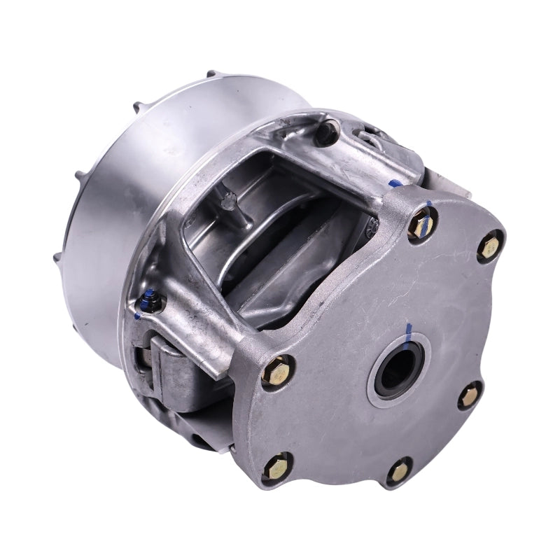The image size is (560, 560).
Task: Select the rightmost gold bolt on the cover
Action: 490,246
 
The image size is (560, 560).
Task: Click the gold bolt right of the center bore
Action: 469,396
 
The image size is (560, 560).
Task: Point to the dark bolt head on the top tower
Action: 326,131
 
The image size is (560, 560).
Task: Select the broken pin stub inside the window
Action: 226,202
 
